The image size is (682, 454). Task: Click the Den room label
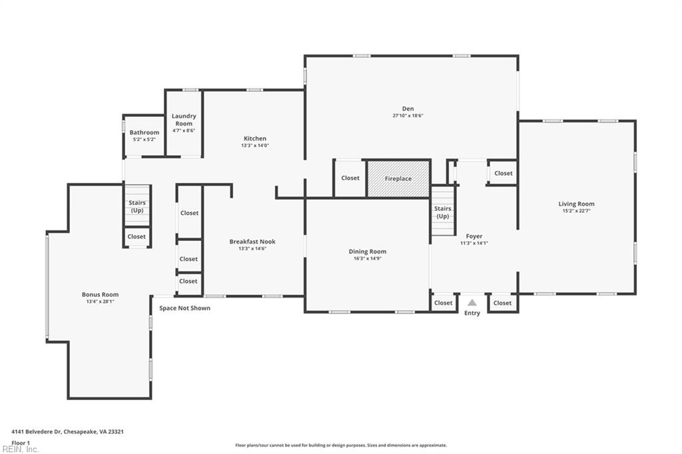(408, 109)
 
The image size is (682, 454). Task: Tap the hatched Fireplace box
(398, 178)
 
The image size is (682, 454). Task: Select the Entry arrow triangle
(472, 303)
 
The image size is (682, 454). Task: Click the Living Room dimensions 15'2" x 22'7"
(576, 211)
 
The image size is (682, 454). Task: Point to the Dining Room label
(367, 252)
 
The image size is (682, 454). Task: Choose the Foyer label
(474, 236)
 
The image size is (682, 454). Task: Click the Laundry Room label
(184, 120)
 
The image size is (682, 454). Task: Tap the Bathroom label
(144, 132)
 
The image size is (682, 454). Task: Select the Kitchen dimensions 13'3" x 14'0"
(254, 145)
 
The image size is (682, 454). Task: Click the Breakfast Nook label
(252, 242)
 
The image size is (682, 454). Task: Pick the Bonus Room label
(101, 294)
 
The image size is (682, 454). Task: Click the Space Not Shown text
(184, 308)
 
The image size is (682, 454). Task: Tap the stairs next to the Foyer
(442, 212)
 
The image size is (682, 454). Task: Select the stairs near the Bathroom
(137, 206)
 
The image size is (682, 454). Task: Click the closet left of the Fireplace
(350, 178)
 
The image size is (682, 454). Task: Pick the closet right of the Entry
(503, 303)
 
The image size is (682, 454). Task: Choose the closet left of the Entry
(444, 303)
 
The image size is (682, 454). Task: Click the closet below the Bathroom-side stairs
(137, 236)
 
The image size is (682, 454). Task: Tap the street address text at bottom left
(67, 431)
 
